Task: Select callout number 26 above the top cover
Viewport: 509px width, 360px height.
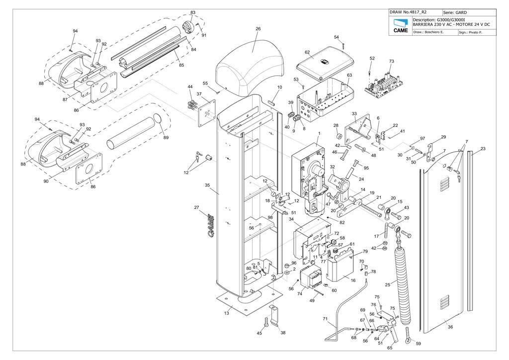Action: (258, 29)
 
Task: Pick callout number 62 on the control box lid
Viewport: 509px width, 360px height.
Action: (307, 52)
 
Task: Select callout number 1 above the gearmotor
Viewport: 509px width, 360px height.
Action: (319, 134)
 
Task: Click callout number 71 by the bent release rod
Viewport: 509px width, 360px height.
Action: (325, 319)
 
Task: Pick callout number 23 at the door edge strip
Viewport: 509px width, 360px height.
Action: (483, 149)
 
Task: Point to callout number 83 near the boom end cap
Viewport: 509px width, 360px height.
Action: (193, 12)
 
